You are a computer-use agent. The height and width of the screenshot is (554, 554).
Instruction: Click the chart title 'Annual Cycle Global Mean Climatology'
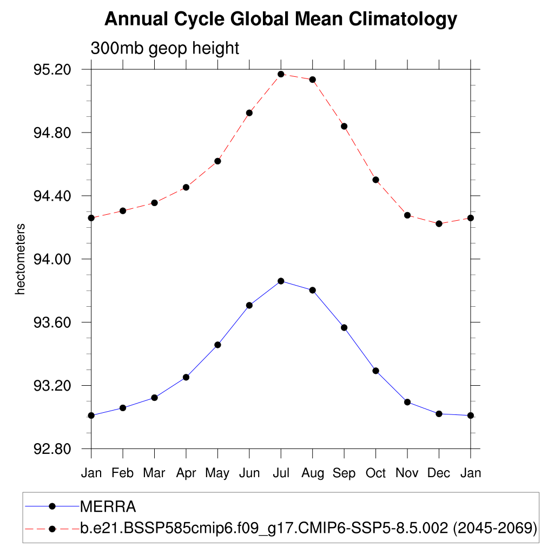tap(281, 20)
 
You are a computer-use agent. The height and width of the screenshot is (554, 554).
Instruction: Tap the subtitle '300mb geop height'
tap(164, 49)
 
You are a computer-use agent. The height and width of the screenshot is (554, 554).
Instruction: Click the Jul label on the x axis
tap(281, 473)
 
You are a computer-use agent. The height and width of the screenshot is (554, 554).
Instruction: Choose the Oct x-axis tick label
tap(375, 473)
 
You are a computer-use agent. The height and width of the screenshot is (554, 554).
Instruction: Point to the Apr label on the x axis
tap(186, 473)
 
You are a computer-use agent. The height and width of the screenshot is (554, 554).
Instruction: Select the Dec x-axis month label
tap(439, 473)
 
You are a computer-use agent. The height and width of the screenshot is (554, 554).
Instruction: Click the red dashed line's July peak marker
tap(281, 74)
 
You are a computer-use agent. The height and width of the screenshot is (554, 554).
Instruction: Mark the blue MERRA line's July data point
tap(281, 281)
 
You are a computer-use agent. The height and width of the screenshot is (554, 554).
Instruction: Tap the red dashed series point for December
tap(439, 223)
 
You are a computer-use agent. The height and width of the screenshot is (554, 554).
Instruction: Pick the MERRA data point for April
tap(186, 377)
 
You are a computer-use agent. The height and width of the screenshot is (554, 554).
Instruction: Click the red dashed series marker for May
tap(217, 161)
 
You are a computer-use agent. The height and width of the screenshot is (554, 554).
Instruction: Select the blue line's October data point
tap(375, 371)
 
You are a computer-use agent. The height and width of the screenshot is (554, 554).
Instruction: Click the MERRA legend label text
tap(108, 507)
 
